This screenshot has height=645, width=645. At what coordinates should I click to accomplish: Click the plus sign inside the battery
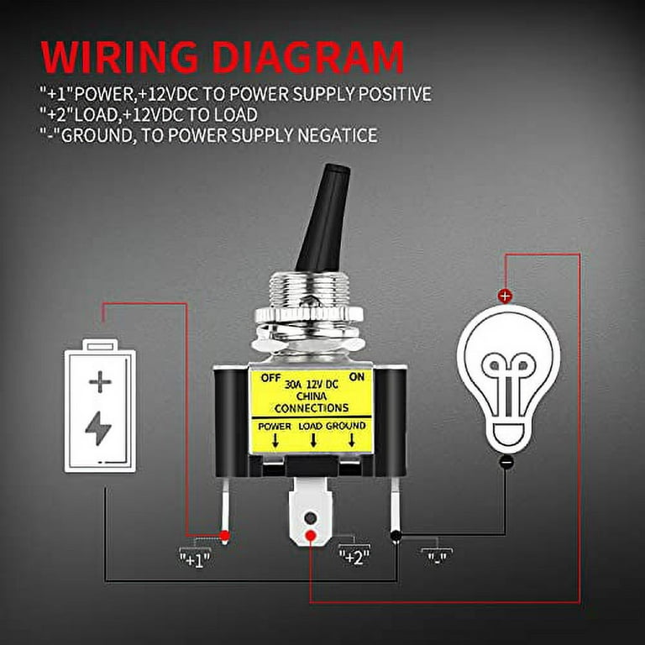100,383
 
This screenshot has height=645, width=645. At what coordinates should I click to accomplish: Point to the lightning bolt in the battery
98,429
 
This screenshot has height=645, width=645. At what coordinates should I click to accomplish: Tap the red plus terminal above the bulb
505,296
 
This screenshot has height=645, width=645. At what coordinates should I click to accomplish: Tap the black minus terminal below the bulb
506,462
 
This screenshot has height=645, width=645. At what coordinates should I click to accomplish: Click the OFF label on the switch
270,377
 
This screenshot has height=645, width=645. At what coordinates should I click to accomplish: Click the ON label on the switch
357,377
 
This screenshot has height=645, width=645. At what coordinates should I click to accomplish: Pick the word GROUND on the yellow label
347,426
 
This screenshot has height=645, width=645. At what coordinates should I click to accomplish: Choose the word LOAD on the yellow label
311,426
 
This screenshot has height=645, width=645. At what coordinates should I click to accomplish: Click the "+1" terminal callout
195,556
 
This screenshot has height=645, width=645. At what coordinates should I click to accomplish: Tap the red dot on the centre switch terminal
311,536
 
